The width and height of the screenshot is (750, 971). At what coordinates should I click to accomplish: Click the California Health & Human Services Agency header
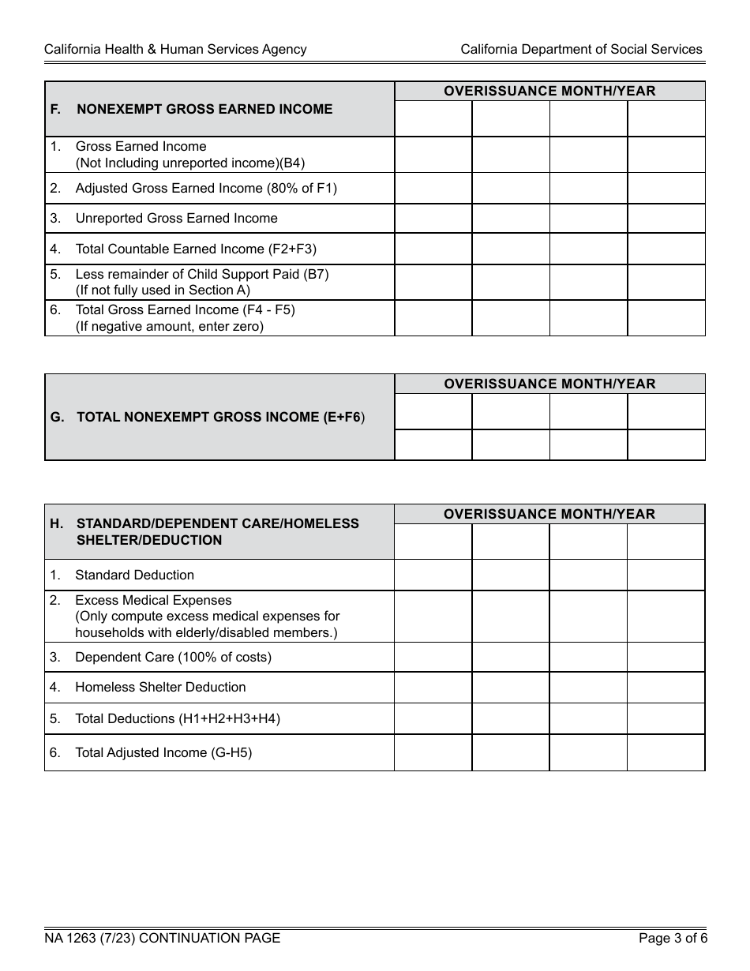[175, 49]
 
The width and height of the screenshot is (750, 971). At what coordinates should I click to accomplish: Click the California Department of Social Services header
[581, 49]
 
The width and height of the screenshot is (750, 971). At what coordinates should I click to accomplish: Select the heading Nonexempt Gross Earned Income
[204, 109]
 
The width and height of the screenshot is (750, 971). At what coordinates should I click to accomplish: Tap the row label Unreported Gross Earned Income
[176, 218]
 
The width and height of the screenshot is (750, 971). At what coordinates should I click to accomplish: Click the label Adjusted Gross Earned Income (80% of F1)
[206, 188]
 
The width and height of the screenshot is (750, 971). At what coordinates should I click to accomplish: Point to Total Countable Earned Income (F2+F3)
[196, 249]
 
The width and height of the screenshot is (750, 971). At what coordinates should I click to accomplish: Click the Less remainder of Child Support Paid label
[201, 274]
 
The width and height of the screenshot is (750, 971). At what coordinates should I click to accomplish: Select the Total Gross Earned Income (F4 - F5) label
[185, 309]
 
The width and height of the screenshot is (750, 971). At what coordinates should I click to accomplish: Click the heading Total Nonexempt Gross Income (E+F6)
[220, 417]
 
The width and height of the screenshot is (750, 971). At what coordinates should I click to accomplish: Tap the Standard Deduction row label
[134, 575]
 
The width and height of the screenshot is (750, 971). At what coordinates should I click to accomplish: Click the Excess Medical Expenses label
[153, 600]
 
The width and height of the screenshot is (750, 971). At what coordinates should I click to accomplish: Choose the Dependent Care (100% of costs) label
[173, 657]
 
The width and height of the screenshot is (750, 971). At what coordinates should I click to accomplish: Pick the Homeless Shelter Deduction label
[160, 687]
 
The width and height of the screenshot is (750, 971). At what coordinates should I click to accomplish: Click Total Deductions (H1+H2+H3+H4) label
[178, 718]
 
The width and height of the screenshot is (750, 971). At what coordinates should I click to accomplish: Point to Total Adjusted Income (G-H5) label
[163, 752]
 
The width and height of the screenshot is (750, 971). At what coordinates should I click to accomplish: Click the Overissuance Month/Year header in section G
[549, 384]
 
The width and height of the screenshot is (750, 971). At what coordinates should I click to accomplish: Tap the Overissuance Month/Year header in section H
[549, 514]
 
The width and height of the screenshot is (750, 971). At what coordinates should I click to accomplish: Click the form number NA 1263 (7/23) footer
[162, 938]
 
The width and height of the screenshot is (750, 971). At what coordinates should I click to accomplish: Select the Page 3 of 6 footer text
[673, 938]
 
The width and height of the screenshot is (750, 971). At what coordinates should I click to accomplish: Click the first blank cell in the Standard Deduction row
[433, 575]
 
